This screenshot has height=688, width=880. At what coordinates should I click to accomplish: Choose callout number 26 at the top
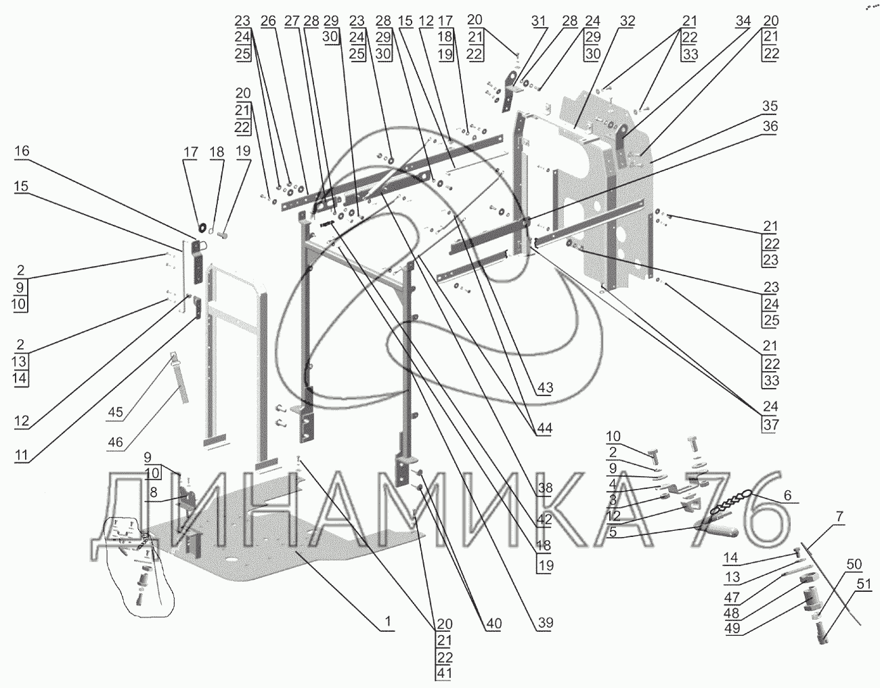point(268,21)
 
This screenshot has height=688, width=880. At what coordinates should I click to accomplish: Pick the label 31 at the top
point(538,21)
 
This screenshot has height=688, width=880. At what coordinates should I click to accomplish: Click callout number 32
point(627,21)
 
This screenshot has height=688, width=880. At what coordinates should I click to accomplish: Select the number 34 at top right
point(744,21)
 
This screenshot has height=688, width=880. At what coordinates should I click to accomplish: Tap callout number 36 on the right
point(770,127)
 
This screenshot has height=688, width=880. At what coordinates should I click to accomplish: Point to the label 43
point(545,388)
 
